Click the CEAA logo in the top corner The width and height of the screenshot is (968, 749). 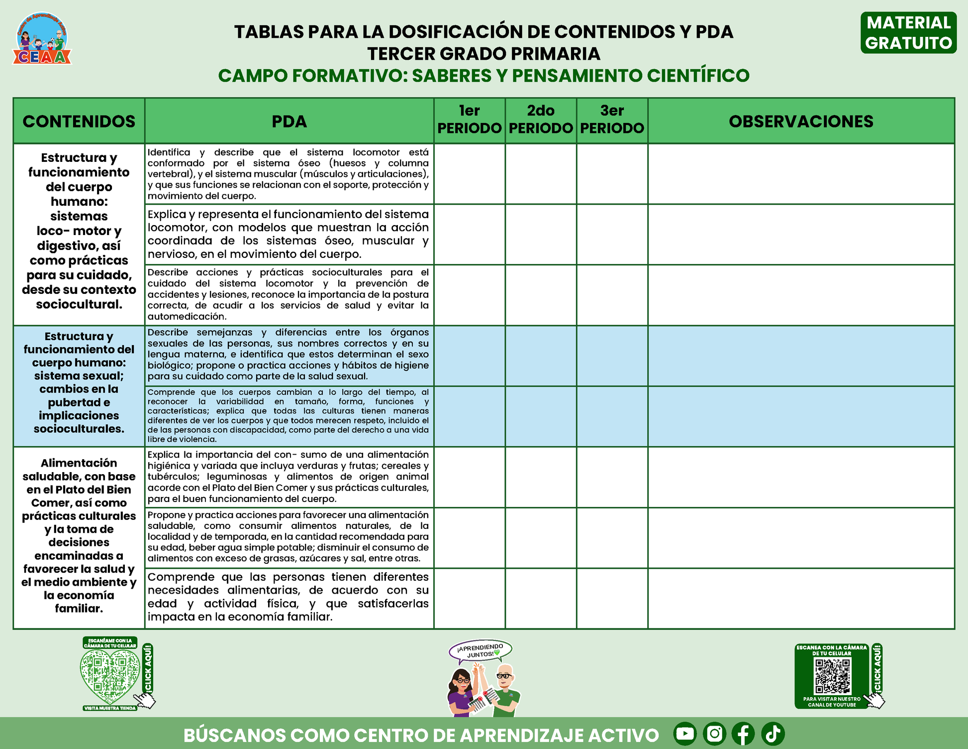42,39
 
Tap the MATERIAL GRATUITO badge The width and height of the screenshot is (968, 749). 908,33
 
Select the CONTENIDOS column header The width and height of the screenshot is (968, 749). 79,121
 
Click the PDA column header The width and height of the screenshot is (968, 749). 289,121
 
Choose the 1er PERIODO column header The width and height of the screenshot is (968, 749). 469,120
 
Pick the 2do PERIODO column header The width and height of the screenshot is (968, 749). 541,120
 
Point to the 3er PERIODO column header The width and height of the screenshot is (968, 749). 612,120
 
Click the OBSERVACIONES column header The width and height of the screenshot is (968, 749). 801,121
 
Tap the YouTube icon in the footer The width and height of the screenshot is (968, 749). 685,734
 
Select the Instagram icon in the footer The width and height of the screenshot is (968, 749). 714,734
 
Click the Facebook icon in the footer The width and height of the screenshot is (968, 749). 743,734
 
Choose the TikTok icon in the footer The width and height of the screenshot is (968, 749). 773,734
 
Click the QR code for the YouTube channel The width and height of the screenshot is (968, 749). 832,676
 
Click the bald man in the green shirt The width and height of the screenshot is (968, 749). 506,690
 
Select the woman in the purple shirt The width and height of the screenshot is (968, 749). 462,692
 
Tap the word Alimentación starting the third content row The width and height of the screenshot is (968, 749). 79,463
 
